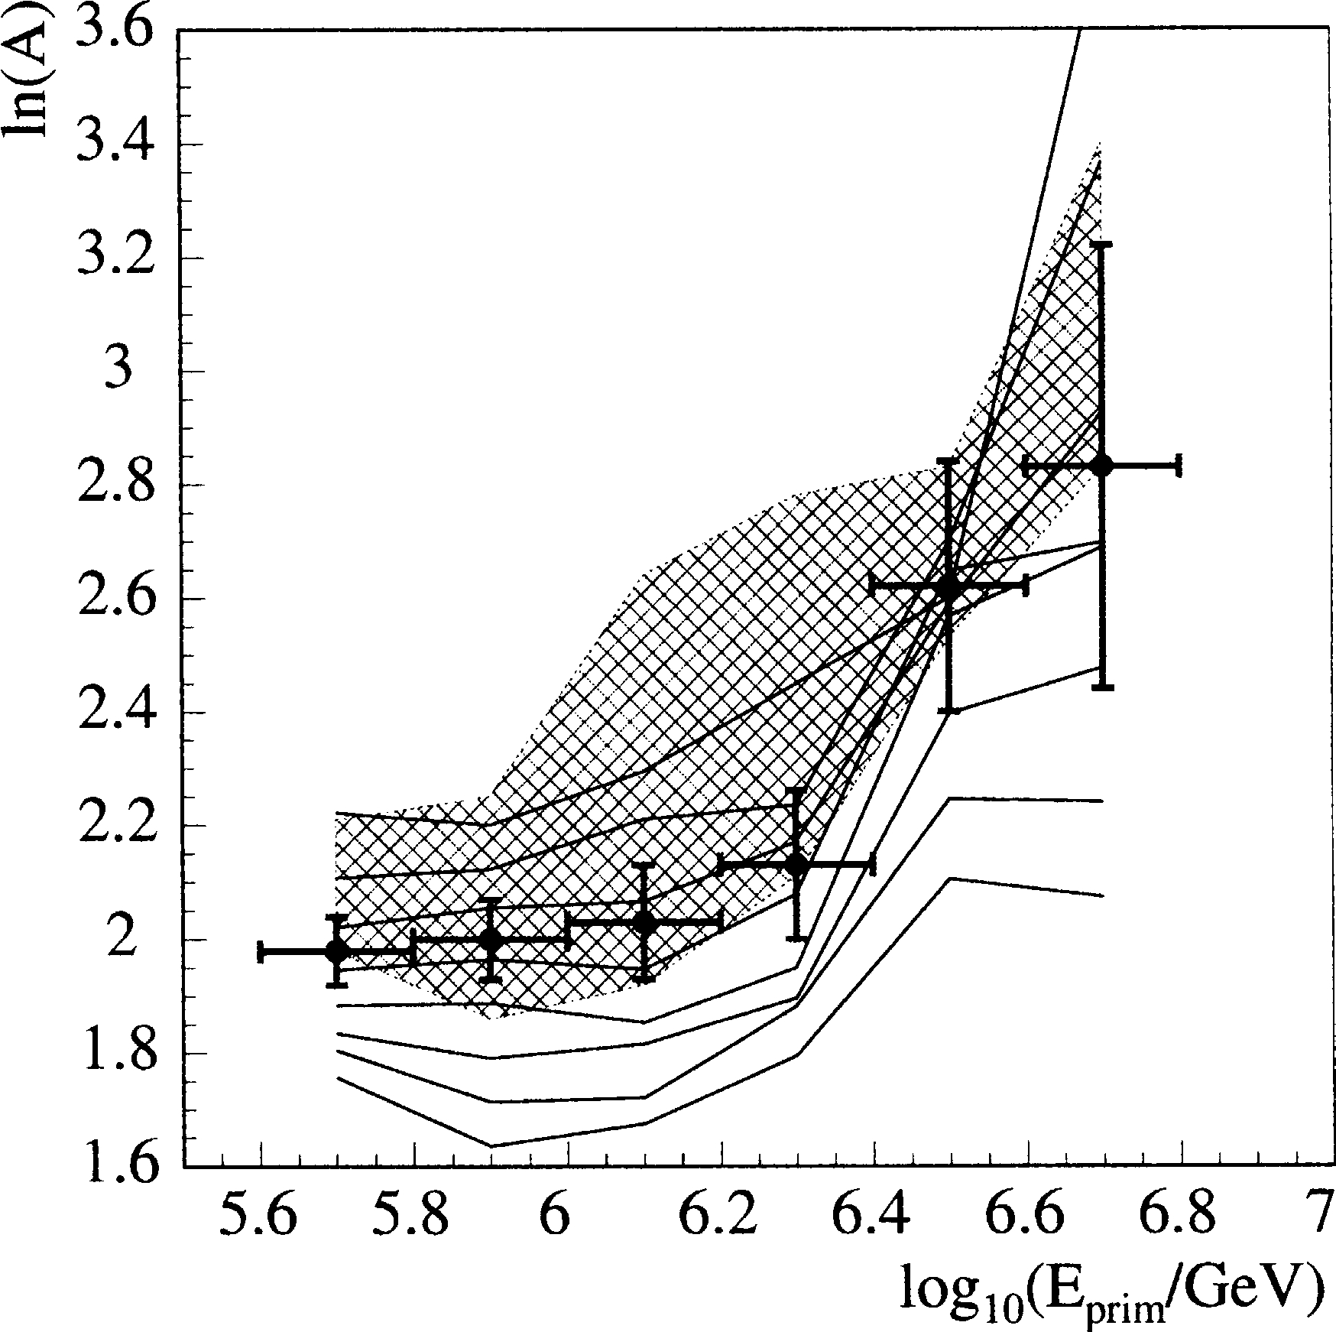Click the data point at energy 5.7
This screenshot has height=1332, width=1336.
[336, 951]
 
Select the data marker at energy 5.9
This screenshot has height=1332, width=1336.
[491, 940]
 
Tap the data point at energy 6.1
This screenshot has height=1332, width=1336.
[644, 922]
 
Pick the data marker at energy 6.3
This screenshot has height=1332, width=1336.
[796, 866]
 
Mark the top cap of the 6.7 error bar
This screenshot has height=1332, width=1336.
[1101, 245]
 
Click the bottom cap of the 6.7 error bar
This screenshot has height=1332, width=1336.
[1101, 687]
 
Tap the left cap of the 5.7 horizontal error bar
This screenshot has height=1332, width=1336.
[261, 952]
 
